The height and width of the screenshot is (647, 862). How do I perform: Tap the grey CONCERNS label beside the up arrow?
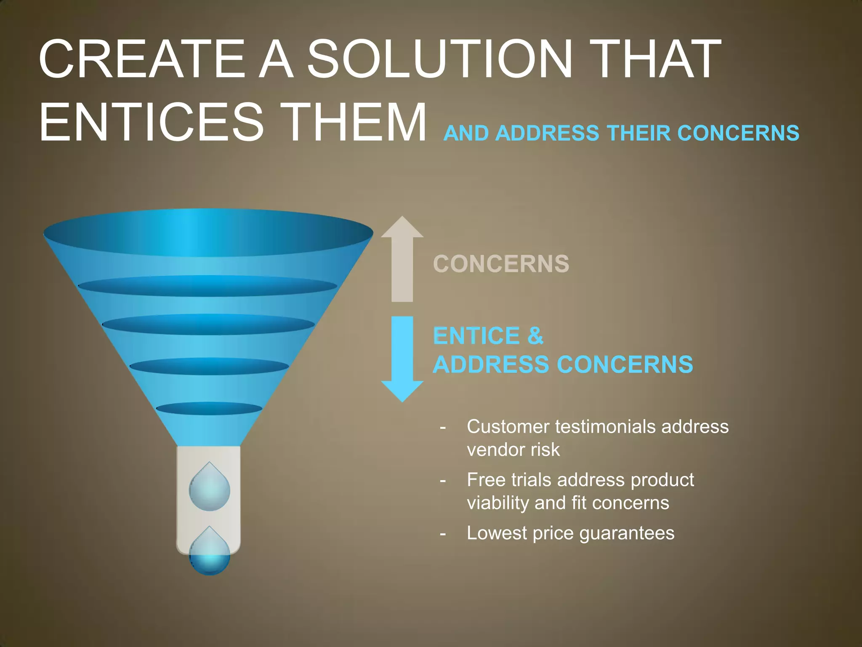coord(501,264)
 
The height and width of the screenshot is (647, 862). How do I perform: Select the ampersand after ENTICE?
coord(535,336)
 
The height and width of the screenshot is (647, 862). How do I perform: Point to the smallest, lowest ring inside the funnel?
coord(209,409)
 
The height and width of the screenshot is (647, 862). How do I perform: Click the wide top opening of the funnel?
coord(208,233)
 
